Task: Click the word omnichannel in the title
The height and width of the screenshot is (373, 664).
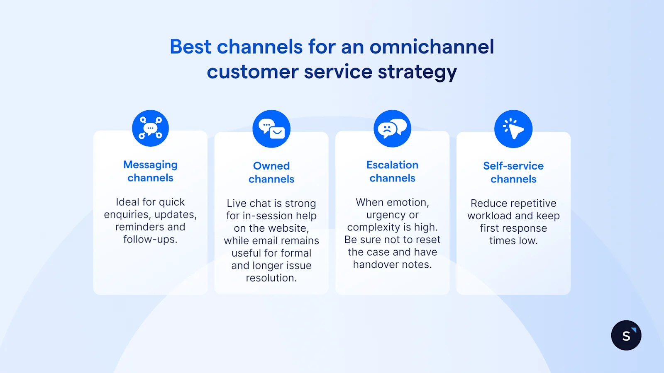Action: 432,47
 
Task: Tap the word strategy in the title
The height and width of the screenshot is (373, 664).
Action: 417,73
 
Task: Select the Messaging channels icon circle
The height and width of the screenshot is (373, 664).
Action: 150,128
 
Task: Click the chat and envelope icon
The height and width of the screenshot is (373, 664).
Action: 271,128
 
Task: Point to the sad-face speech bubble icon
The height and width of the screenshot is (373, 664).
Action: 392,128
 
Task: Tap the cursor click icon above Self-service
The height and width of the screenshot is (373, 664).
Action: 513,129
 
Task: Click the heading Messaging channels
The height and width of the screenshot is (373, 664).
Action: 150,171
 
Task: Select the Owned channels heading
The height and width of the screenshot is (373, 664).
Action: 271,172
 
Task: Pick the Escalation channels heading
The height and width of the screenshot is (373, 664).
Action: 392,172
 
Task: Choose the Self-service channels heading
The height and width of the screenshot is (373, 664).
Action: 513,172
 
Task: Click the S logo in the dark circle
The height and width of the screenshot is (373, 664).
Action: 626,335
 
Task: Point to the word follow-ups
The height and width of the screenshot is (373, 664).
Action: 150,240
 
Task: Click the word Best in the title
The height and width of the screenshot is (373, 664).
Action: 190,47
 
